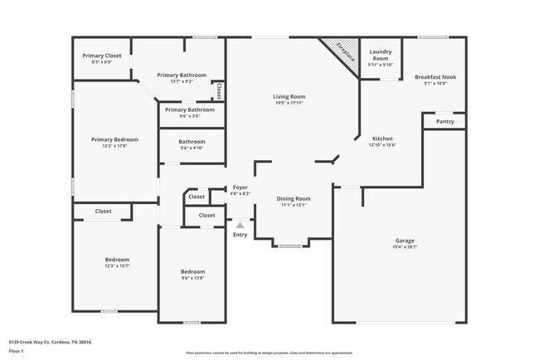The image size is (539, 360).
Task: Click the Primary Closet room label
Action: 101,56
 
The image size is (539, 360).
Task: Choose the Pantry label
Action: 445,121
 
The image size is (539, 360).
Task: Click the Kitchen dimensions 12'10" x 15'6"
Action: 382,145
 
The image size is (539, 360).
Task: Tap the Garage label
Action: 405,241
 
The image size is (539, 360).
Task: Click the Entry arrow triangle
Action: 240,225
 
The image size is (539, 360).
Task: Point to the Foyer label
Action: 240,187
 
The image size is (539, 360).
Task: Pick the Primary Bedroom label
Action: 114,139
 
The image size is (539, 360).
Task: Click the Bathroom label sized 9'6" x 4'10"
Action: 192,142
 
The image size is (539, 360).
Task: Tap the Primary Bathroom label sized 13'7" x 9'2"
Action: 182,75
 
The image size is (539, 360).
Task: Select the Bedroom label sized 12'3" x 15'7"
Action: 117,260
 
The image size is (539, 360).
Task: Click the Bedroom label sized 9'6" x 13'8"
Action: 192,271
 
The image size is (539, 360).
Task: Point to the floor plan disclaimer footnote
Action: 269,352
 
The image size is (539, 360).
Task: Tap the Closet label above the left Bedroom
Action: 103,212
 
